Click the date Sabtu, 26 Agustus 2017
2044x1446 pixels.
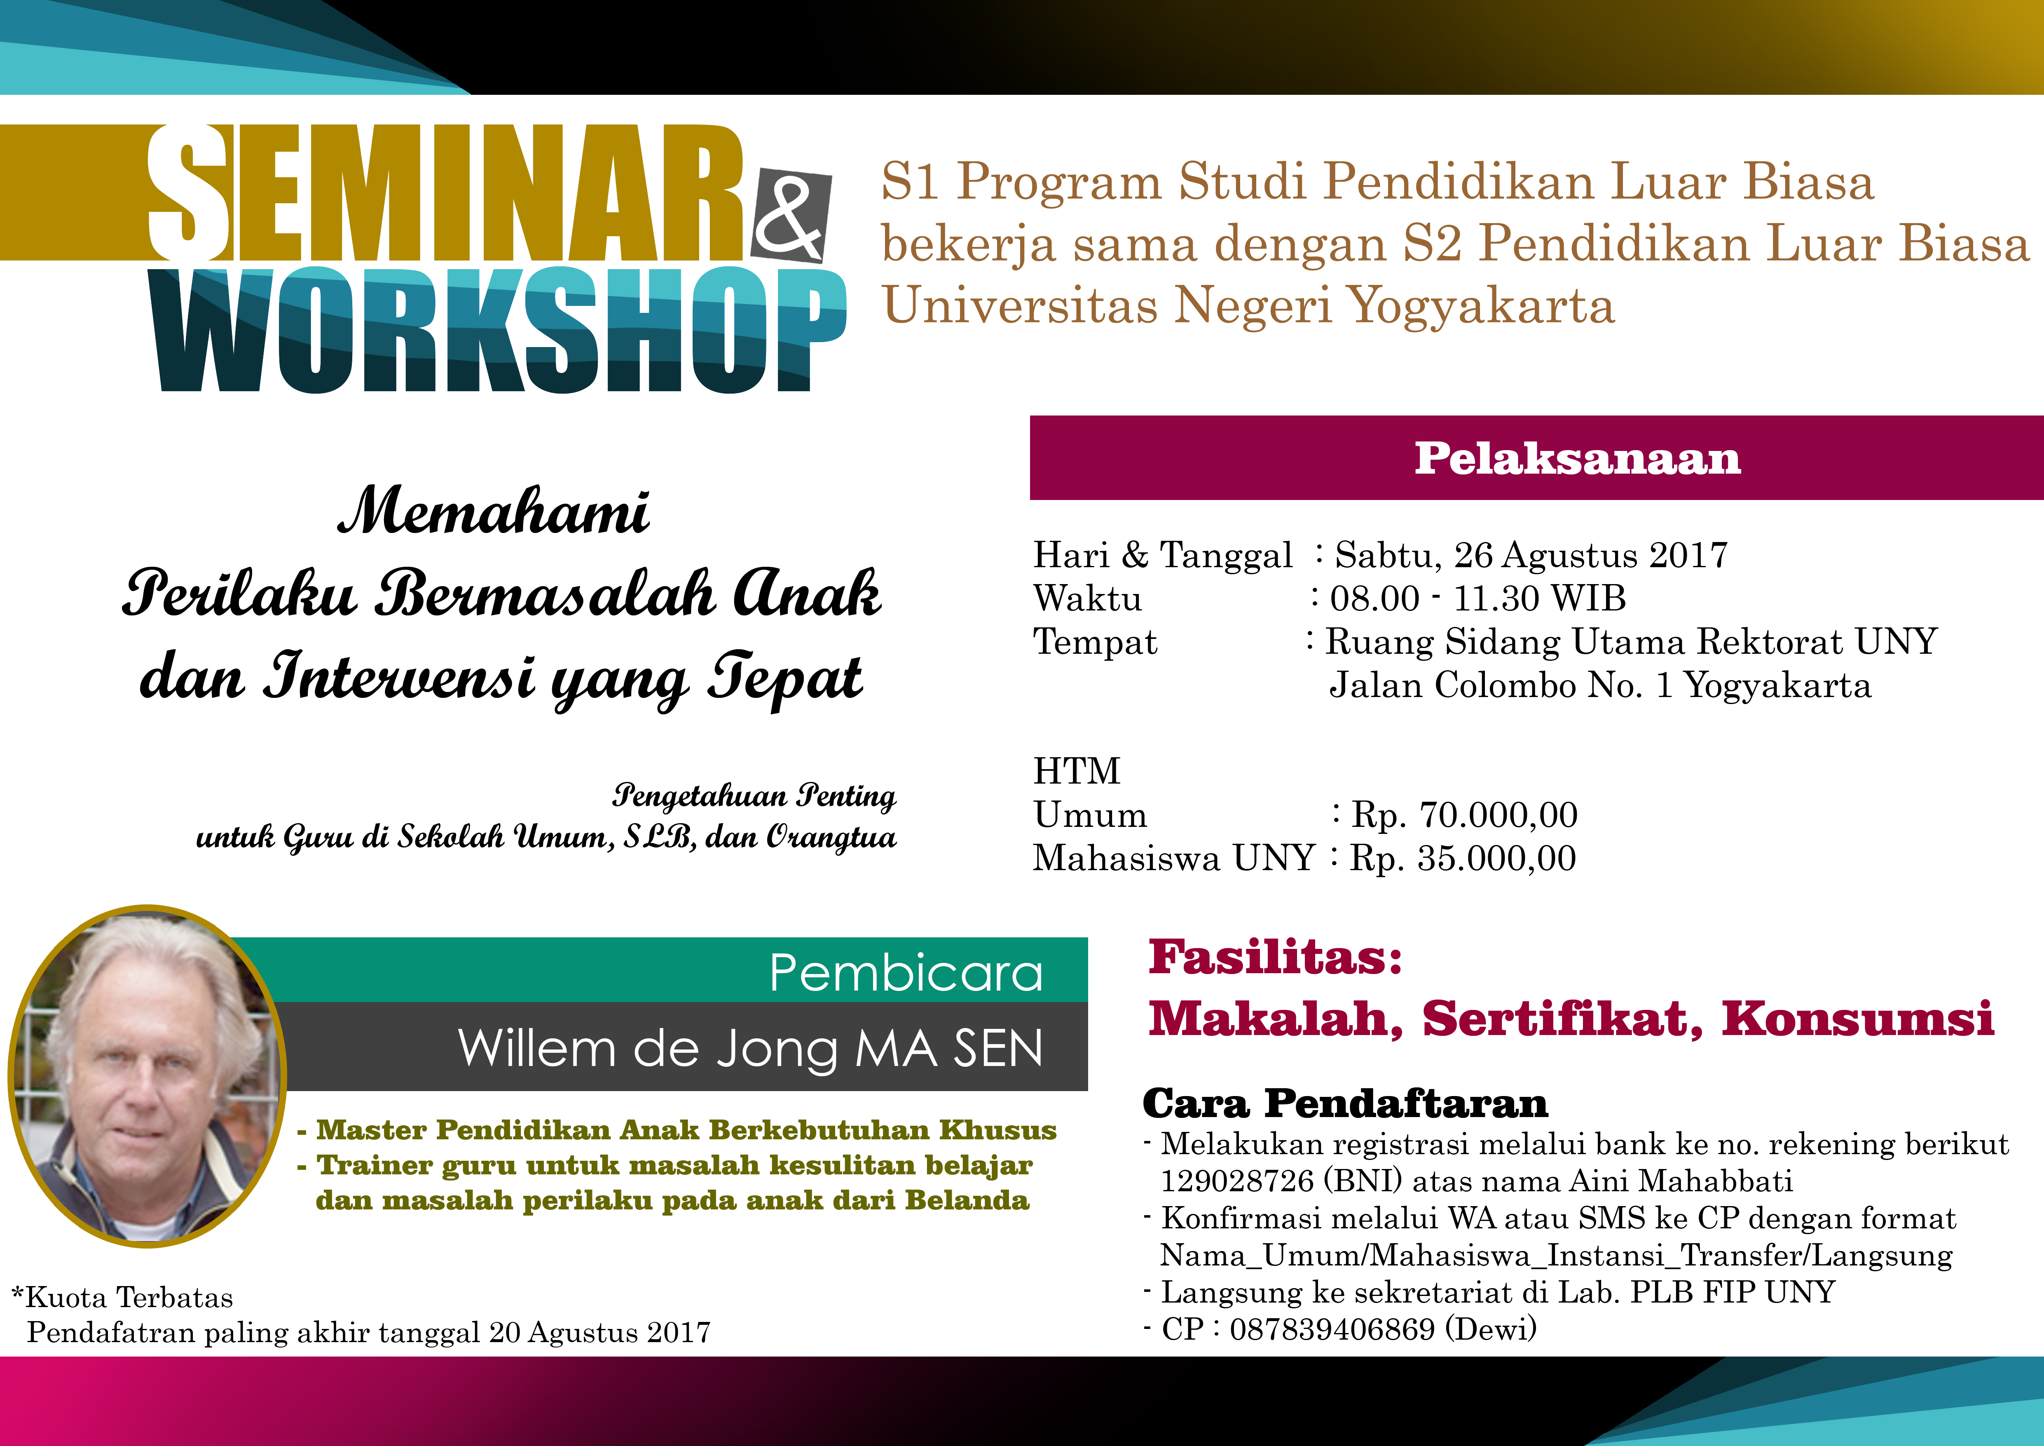click(x=1531, y=555)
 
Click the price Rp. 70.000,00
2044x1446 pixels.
click(x=1464, y=815)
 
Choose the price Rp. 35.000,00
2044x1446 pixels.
click(x=1463, y=858)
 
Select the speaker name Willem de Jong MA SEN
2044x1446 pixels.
click(x=750, y=1048)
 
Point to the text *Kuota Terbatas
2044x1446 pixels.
click(x=122, y=1297)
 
